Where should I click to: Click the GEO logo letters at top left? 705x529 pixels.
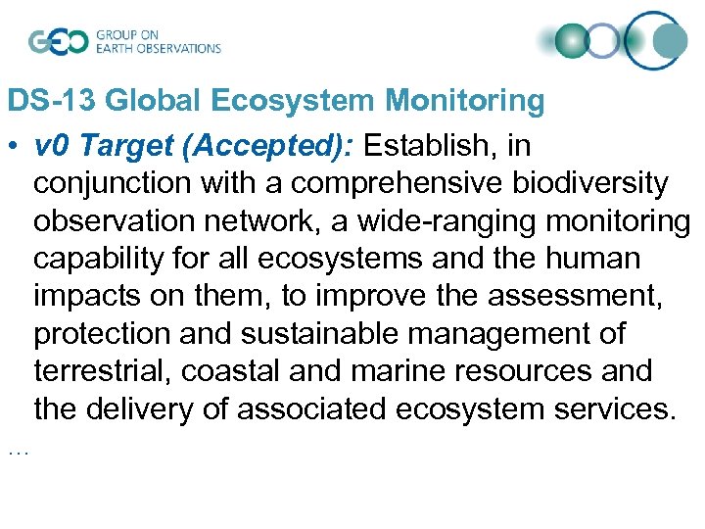tap(58, 41)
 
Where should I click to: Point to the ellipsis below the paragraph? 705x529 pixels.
tap(18, 452)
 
